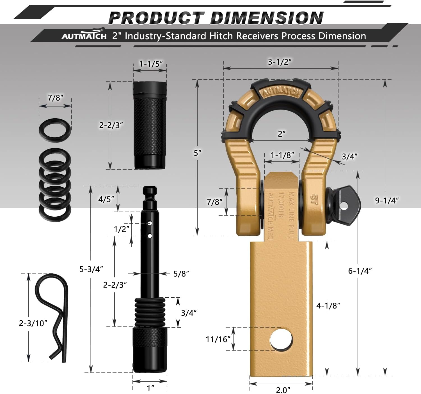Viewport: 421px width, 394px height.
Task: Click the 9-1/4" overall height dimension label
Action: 387,200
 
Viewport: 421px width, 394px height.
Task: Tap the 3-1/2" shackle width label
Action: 280,62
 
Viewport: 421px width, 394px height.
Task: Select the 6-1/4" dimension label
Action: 360,271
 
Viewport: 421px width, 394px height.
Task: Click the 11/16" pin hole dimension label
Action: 218,339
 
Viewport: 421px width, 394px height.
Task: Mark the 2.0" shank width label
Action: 283,390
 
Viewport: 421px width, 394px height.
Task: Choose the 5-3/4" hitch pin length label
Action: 91,269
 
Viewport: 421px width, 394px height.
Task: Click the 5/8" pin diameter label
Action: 181,274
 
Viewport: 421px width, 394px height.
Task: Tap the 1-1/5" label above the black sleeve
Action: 151,64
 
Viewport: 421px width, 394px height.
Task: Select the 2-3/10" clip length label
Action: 33,323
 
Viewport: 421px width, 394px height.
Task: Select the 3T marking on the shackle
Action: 313,199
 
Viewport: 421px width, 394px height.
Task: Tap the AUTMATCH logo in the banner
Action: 84,36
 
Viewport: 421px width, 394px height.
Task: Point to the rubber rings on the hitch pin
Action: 150,312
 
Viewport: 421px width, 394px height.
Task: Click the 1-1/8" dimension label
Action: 282,155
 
